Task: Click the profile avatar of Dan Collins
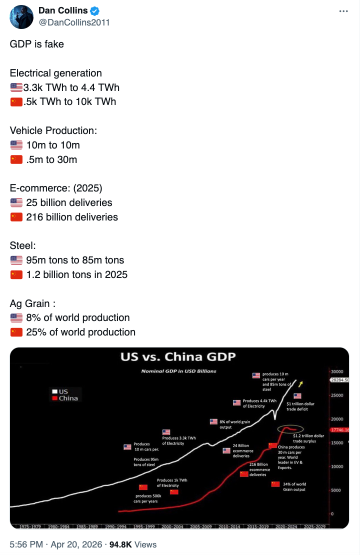click(x=21, y=17)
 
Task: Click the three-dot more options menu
click(x=342, y=11)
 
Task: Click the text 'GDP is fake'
click(x=37, y=44)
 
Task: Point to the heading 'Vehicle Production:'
click(x=53, y=130)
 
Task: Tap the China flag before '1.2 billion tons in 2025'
click(x=16, y=274)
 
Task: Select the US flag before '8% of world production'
click(x=16, y=317)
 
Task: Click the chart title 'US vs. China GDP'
click(x=177, y=357)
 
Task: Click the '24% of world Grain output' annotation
click(x=294, y=486)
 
